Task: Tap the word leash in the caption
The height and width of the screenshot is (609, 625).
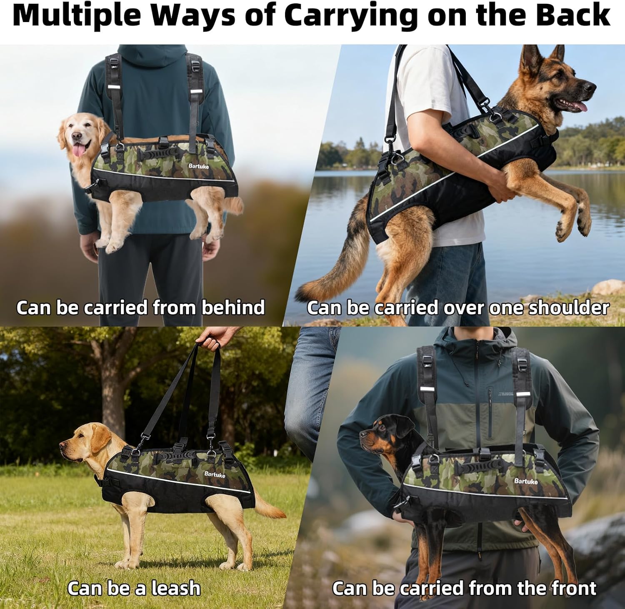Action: click(176, 588)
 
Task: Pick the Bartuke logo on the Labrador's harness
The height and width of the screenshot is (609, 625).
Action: click(215, 474)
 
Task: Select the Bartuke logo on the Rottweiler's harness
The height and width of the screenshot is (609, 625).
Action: click(526, 481)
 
